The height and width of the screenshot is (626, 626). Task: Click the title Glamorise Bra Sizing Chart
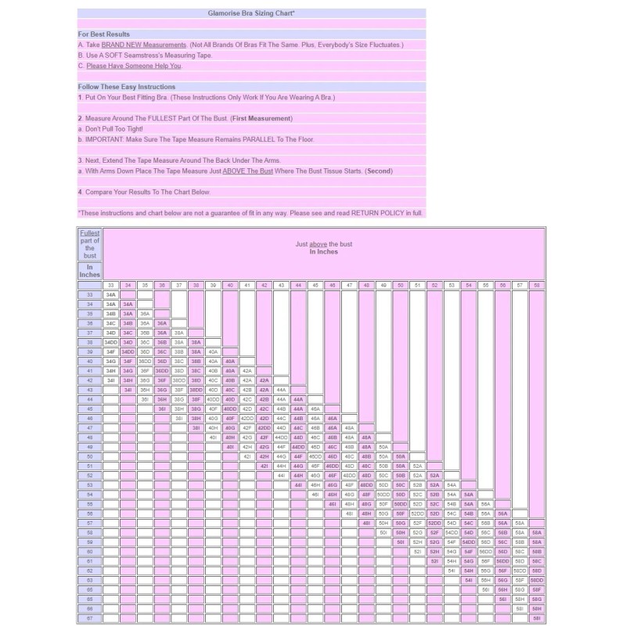pyautogui.click(x=251, y=13)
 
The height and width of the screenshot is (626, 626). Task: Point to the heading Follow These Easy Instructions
pyautogui.click(x=126, y=87)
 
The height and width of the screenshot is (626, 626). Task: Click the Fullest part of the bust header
pyautogui.click(x=90, y=244)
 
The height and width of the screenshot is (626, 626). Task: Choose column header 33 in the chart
pyautogui.click(x=110, y=285)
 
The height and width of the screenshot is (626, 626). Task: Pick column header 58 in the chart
pyautogui.click(x=536, y=285)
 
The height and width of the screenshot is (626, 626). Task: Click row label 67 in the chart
pyautogui.click(x=90, y=618)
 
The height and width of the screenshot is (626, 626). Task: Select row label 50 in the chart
pyautogui.click(x=90, y=455)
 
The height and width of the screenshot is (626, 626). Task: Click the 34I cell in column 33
pyautogui.click(x=110, y=380)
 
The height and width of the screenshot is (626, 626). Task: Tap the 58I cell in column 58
pyautogui.click(x=536, y=618)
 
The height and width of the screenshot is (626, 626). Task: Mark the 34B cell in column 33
pyautogui.click(x=110, y=313)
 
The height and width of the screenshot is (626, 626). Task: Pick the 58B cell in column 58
pyautogui.click(x=536, y=552)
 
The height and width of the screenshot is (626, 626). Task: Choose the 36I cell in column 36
pyautogui.click(x=162, y=408)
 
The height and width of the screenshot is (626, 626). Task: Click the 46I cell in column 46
pyautogui.click(x=332, y=504)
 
